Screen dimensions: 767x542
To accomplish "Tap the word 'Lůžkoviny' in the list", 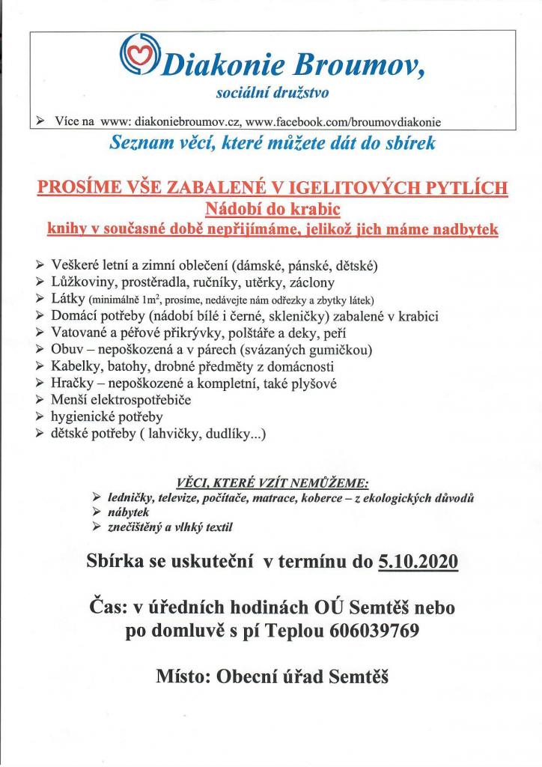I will tap(82, 282).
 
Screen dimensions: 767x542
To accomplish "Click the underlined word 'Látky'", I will tap(65, 299).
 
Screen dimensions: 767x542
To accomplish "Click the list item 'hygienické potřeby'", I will tap(107, 416).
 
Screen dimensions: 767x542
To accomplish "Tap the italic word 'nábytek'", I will tap(127, 512).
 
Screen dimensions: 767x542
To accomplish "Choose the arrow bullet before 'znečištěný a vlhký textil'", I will tap(95, 527).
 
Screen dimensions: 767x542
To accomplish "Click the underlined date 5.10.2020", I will tap(418, 562).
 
